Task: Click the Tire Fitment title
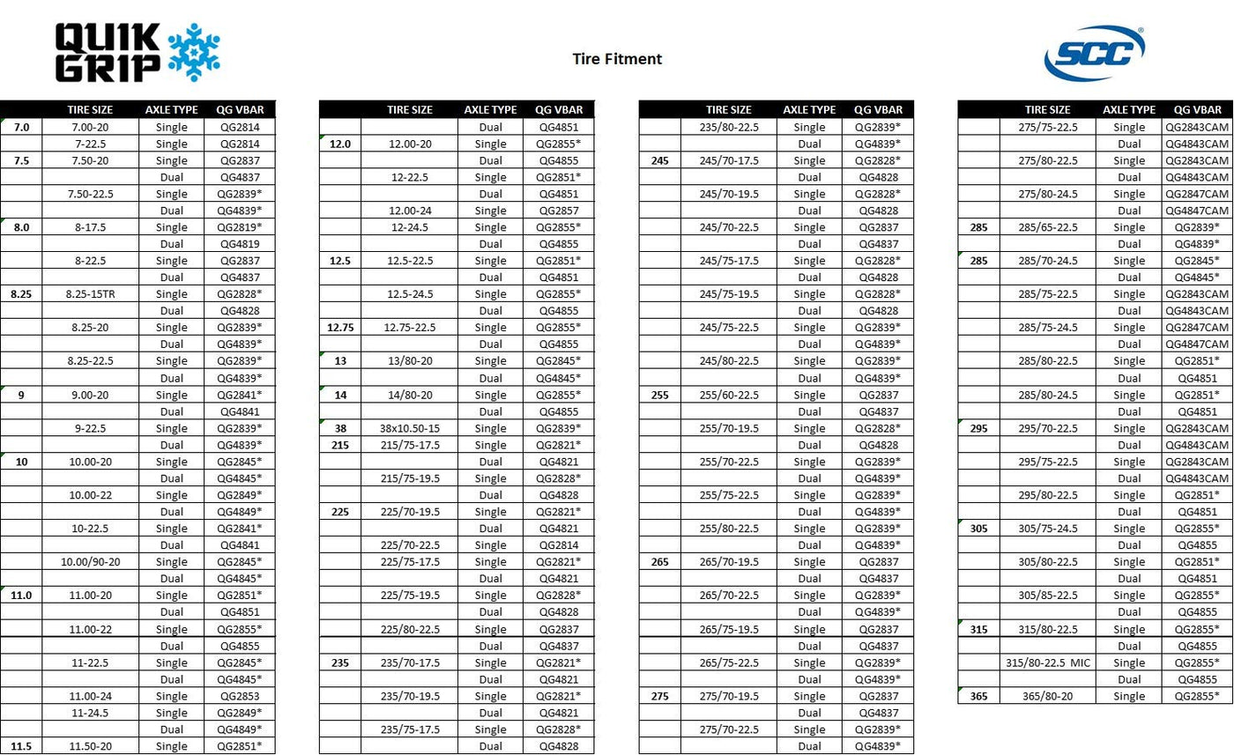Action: click(x=616, y=59)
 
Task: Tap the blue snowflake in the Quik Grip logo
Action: click(x=193, y=52)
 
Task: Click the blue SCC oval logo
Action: click(x=1094, y=54)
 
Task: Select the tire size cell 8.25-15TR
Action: click(x=90, y=293)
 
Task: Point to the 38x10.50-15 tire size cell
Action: click(x=410, y=428)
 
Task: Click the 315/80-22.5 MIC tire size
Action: click(x=1048, y=662)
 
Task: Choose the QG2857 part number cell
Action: click(x=559, y=211)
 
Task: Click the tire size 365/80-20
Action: click(x=1048, y=696)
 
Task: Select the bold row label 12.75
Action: click(x=340, y=328)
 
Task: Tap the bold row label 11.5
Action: click(x=21, y=746)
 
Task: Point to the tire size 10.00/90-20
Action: click(x=90, y=562)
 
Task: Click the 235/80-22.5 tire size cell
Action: click(x=729, y=127)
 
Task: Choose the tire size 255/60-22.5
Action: click(x=729, y=395)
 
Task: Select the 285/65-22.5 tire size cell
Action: click(x=1048, y=227)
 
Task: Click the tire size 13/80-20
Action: click(x=410, y=361)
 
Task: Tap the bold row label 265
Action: click(x=659, y=562)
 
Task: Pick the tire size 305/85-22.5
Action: click(x=1048, y=596)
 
